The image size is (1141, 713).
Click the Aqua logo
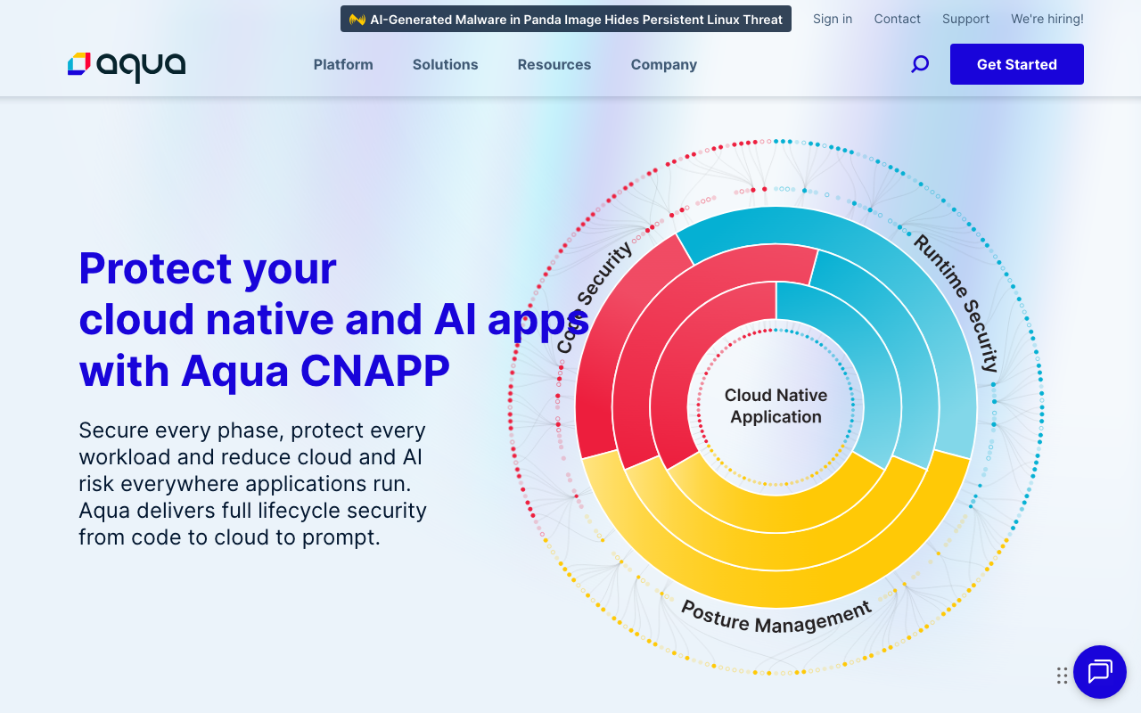127,65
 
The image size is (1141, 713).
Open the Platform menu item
343,64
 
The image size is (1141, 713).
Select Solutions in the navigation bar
445,64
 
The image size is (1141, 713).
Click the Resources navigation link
554,64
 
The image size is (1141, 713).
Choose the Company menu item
664,64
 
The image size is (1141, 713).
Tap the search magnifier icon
920,64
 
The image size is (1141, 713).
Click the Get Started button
1017,64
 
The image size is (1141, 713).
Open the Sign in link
833,19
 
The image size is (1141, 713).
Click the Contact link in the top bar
898,19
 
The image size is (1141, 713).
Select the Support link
966,19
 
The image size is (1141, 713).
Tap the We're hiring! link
1047,19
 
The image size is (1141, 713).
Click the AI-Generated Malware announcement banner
566,19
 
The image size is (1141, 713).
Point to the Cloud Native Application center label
776,406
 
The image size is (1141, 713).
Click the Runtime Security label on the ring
956,303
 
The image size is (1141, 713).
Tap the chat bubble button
1100,672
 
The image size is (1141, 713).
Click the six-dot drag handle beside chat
1062,676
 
